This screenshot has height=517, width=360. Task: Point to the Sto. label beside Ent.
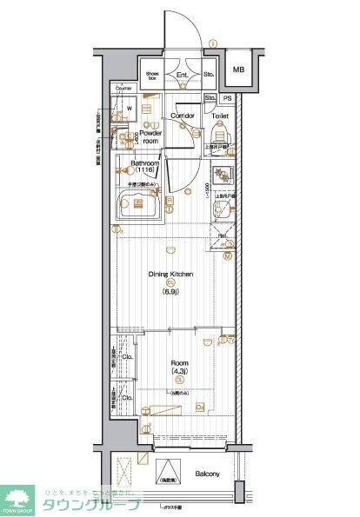click(x=209, y=76)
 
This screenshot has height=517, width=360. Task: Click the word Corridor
click(x=182, y=115)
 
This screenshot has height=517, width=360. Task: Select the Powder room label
click(x=152, y=136)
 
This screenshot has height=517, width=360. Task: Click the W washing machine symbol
click(x=129, y=109)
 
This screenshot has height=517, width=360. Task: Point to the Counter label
click(x=123, y=89)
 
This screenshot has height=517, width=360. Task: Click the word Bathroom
click(x=143, y=162)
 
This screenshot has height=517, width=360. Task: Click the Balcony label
click(x=207, y=473)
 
